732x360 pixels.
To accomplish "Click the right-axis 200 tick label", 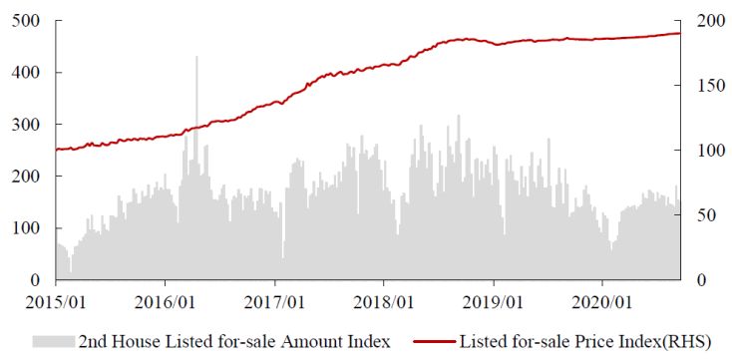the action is coord(710,22).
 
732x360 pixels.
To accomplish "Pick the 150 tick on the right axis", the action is coord(710,86).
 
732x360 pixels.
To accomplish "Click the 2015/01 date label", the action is coord(56,303).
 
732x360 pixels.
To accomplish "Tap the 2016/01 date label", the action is coord(165,303).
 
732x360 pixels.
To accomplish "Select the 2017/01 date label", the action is coord(274,303).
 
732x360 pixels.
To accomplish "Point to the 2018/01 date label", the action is coord(384,303).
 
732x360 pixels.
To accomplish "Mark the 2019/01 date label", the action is coord(494,303).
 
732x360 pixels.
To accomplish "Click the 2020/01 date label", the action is coord(602,303).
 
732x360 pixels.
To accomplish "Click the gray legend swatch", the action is coord(53,342).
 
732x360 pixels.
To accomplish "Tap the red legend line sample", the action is coord(434,342).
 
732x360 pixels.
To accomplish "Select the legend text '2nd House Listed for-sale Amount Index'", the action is coord(234,342).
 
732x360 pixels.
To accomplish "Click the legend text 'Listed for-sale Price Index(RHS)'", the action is coord(585,342).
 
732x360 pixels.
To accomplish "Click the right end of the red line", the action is coord(680,33).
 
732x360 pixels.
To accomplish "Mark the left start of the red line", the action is coord(56,150).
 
